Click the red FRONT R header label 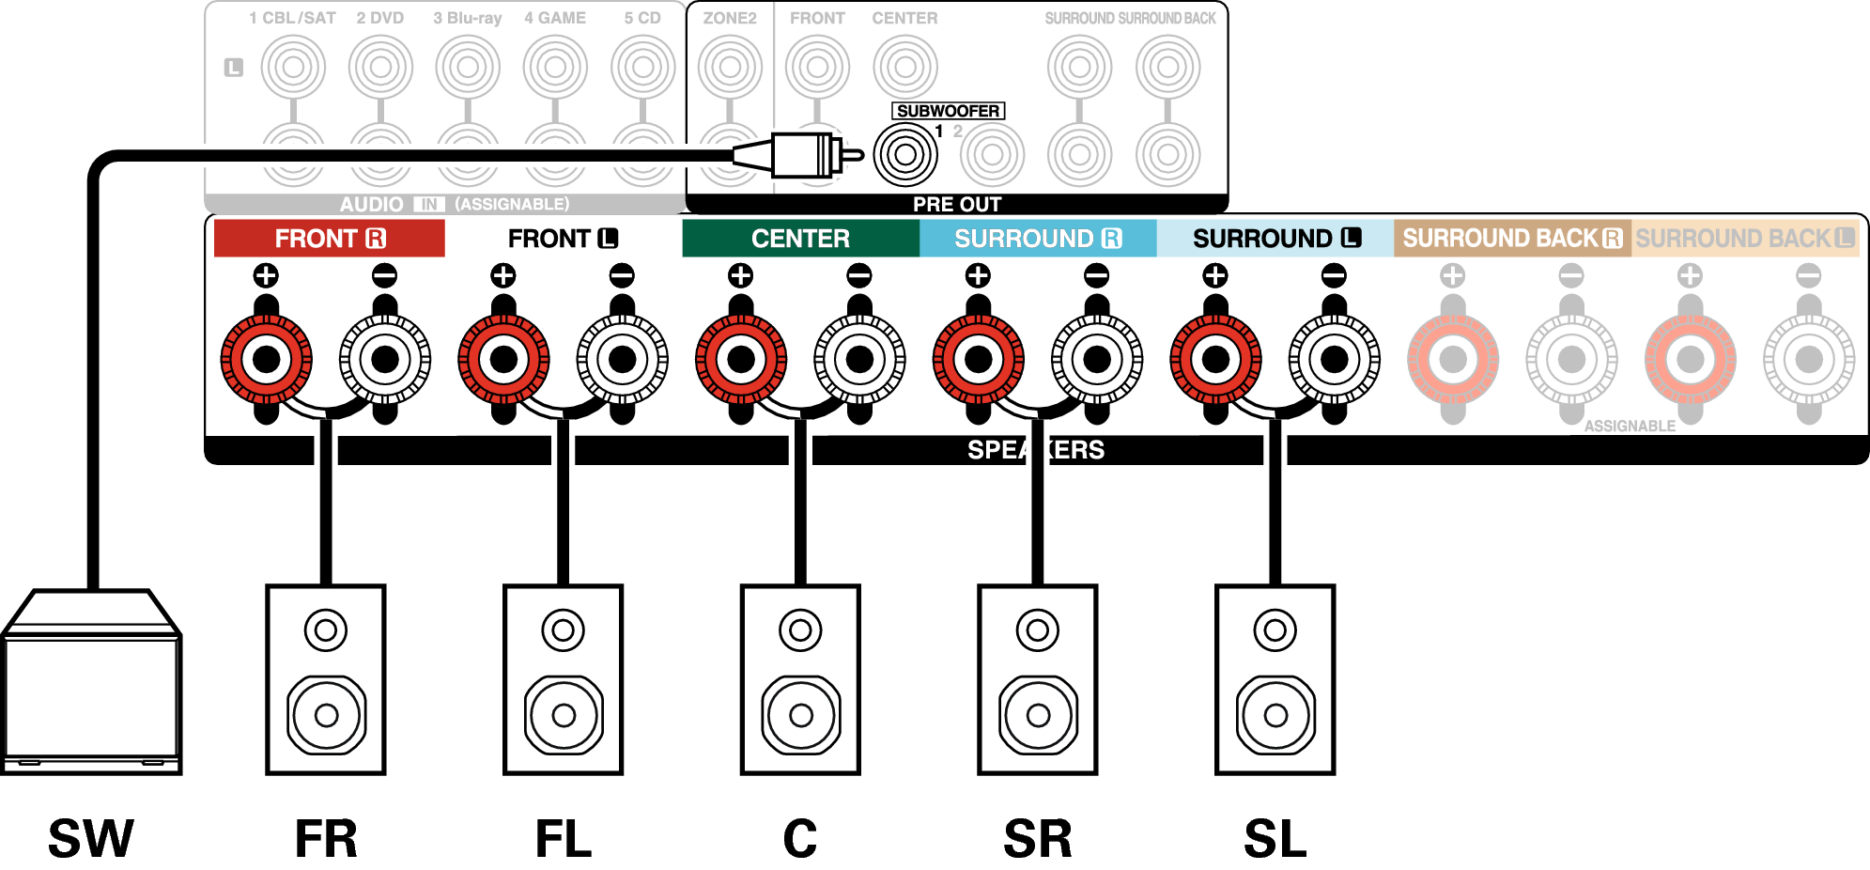click(x=329, y=239)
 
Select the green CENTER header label click(x=800, y=239)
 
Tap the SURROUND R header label click(x=1038, y=239)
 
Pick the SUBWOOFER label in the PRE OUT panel click(x=948, y=111)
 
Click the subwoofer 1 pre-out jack click(x=905, y=154)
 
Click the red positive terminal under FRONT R click(x=267, y=359)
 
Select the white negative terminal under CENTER click(x=859, y=359)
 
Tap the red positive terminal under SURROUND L click(x=1215, y=359)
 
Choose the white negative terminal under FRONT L click(x=622, y=359)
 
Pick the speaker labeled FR click(x=326, y=679)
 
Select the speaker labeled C click(x=800, y=679)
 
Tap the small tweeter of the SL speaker click(x=1275, y=629)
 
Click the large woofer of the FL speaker click(x=564, y=715)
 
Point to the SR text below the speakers click(x=1038, y=838)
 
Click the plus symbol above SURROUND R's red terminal click(x=978, y=275)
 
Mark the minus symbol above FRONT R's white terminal click(x=384, y=275)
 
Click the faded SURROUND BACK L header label click(x=1745, y=239)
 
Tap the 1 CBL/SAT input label click(x=292, y=18)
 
